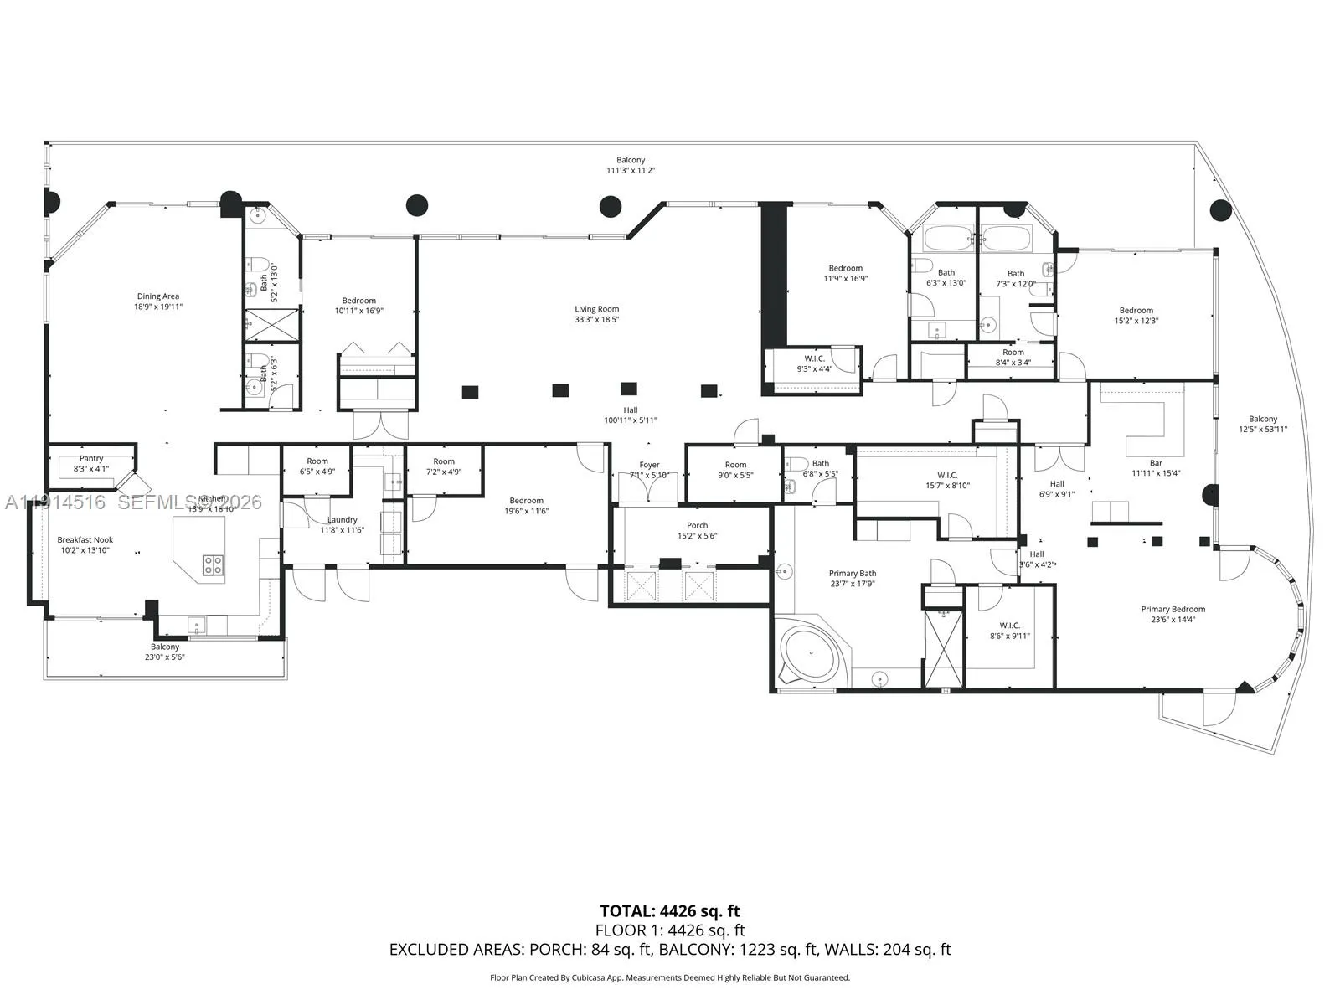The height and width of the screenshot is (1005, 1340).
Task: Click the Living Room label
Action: [596, 309]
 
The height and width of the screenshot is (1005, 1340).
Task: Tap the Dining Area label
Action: [158, 296]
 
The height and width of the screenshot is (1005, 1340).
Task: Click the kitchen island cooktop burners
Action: [213, 564]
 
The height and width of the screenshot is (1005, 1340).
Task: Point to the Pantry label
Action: [91, 459]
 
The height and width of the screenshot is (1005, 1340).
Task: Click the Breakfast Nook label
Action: [85, 540]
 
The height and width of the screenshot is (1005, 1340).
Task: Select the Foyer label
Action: [649, 465]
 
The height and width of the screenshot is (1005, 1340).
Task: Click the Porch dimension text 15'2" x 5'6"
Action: [697, 536]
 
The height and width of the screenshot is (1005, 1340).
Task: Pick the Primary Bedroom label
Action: [1172, 610]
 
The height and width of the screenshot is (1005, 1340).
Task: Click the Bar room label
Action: [1156, 463]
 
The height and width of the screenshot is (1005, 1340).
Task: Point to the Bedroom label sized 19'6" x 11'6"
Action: [526, 501]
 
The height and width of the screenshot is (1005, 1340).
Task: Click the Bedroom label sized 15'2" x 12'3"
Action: [1136, 311]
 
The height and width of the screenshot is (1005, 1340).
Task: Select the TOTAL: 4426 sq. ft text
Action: [669, 911]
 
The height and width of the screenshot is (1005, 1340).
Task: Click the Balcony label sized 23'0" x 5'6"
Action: [165, 647]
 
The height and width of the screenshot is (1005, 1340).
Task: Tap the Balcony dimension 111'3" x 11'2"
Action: [631, 170]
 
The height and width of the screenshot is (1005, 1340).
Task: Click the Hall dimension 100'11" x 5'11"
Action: [631, 420]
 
